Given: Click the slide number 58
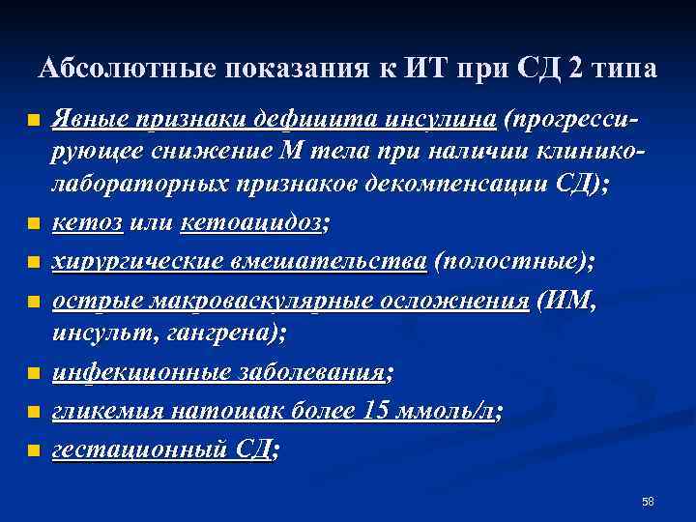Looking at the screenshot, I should click(x=648, y=501).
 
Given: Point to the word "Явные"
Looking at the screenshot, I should click(x=80, y=120).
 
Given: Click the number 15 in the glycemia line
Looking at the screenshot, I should click(x=375, y=411).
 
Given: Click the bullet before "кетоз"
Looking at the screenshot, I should click(x=34, y=224).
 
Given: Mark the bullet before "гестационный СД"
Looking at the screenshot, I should click(x=34, y=450).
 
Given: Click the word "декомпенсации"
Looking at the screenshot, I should click(x=468, y=188).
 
